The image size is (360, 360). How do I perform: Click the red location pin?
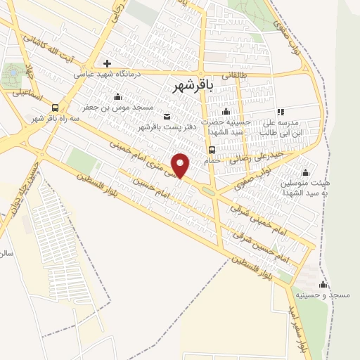[x=181, y=165]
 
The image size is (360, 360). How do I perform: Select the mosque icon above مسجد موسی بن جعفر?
[x=117, y=97]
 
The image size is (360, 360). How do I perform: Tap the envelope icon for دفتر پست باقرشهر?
[x=167, y=117]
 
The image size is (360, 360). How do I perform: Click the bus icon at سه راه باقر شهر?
[x=55, y=107]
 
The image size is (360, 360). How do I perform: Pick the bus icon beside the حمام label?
[x=211, y=150]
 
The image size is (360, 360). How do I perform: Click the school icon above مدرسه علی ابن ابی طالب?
[x=281, y=112]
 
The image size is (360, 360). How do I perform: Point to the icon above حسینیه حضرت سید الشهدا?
[x=226, y=112]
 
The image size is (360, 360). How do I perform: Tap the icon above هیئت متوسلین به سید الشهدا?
[x=305, y=172]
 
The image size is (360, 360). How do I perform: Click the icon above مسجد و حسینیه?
[x=323, y=284]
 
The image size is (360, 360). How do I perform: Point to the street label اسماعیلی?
[x=32, y=94]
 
